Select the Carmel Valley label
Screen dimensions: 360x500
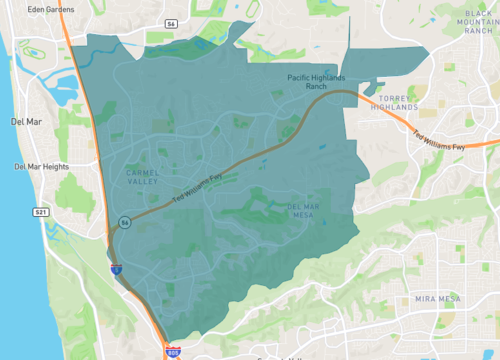(x=143, y=176)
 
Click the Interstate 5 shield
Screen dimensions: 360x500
(x=116, y=268)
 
